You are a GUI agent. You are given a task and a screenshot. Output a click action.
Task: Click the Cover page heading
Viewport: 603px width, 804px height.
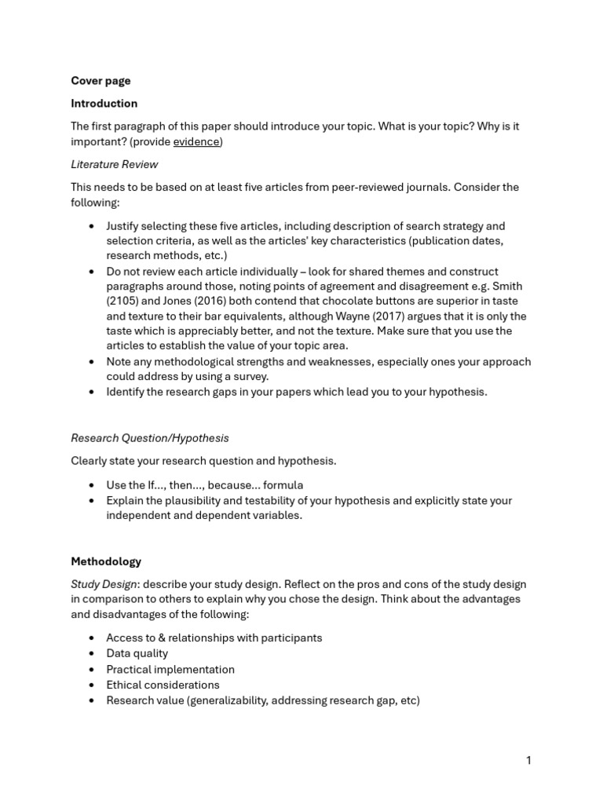(100, 81)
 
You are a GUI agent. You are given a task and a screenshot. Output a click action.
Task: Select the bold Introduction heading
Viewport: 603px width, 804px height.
(104, 104)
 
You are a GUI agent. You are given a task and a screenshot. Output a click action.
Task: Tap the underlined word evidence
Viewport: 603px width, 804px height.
(196, 141)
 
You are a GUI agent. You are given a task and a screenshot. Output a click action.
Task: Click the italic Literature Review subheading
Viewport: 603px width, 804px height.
(114, 164)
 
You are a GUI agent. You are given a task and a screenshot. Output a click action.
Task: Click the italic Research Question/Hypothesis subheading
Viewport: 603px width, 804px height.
(150, 438)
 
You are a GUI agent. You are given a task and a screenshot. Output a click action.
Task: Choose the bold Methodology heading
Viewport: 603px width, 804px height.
(106, 561)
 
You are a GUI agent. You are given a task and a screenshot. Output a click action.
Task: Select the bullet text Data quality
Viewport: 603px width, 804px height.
(137, 653)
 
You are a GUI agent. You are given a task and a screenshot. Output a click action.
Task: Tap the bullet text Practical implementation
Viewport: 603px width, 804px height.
(170, 669)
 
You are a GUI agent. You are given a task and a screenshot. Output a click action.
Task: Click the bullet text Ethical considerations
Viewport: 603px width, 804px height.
(163, 685)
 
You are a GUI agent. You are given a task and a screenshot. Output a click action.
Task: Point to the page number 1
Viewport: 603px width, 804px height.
(528, 760)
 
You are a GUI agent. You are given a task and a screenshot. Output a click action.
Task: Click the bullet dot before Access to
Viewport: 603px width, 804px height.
(93, 638)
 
